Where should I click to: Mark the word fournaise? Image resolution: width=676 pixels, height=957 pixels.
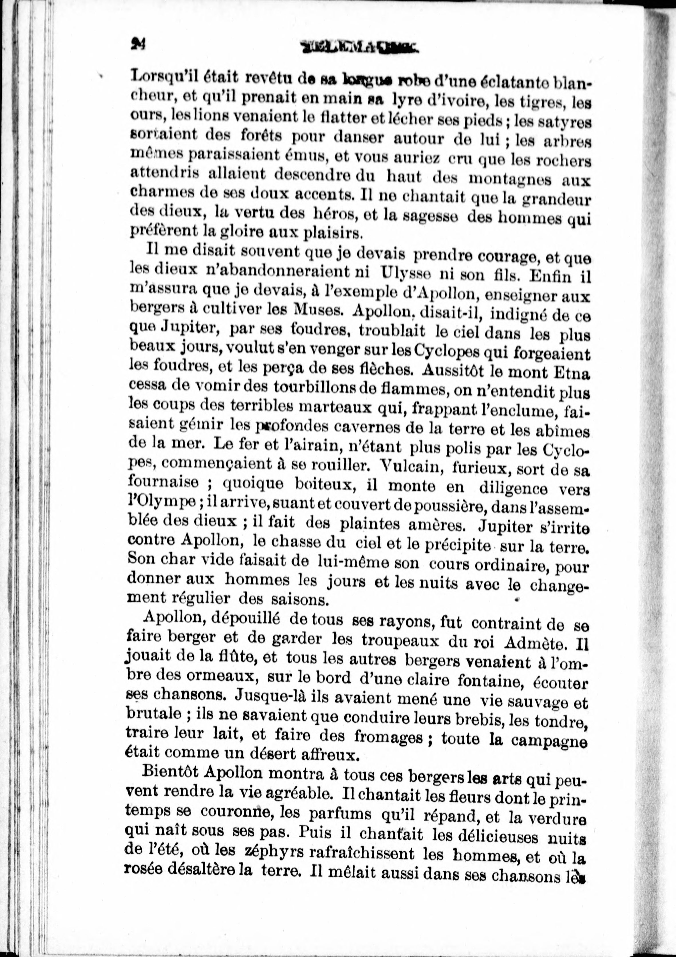[x=163, y=484]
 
